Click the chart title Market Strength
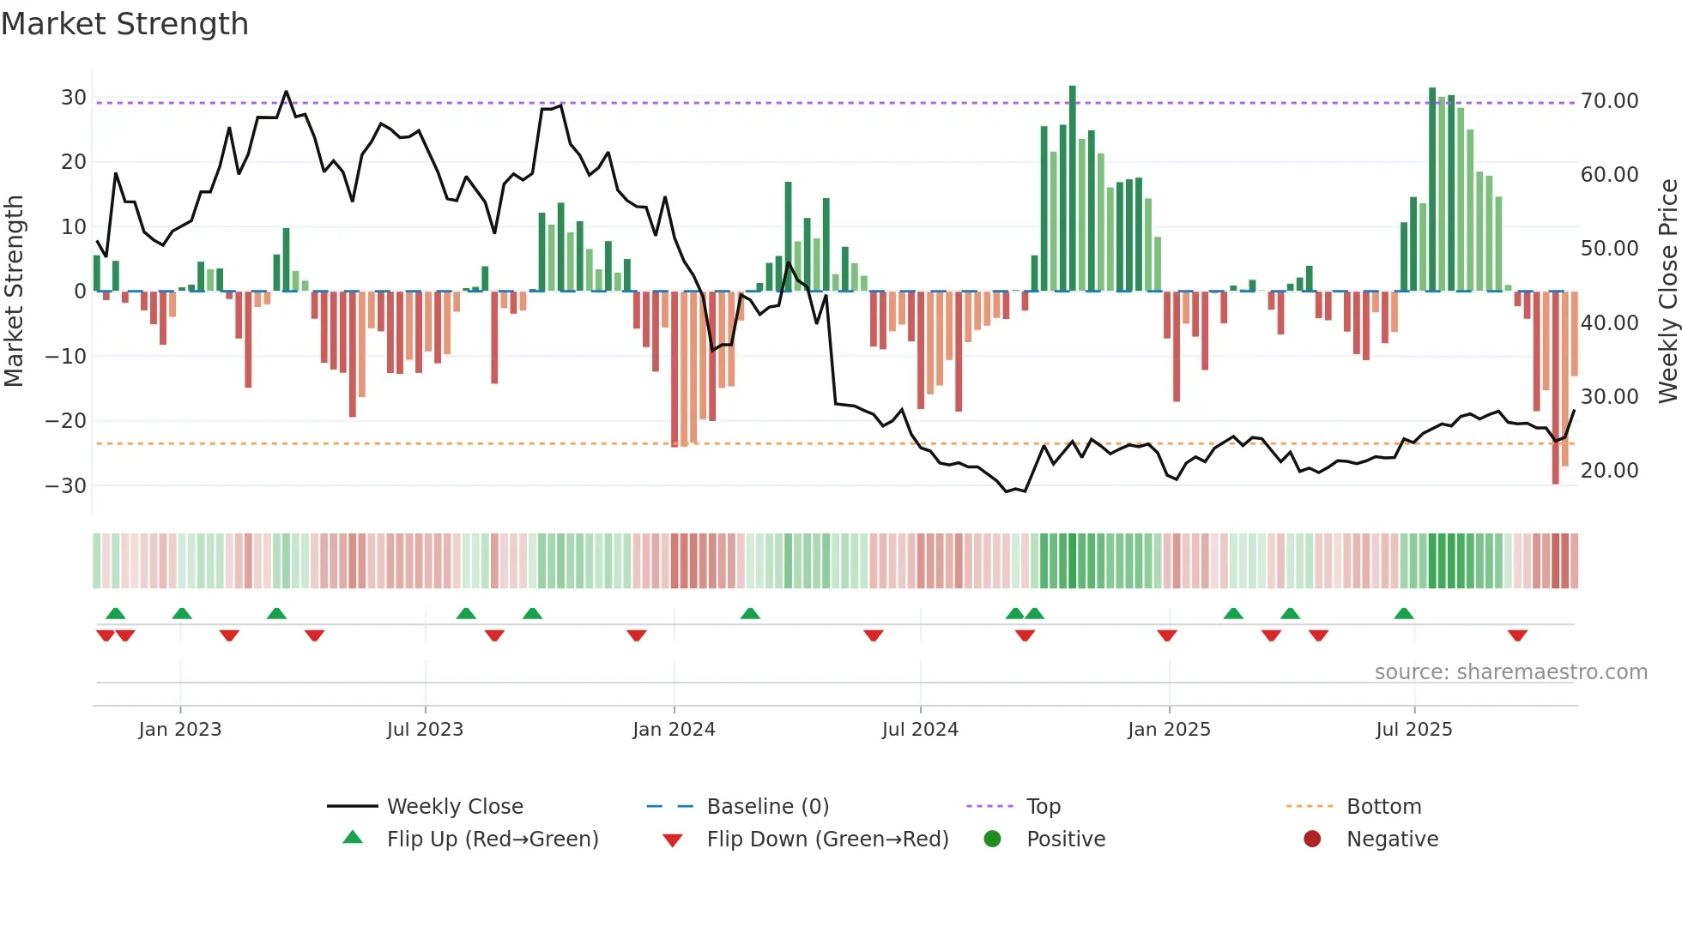coord(124,24)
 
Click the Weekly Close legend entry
coord(454,806)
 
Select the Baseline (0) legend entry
coord(767,806)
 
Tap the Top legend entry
coord(1043,806)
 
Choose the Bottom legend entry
coord(1383,806)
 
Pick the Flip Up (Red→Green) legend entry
coord(492,839)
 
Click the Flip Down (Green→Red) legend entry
coord(827,839)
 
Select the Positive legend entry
coord(1065,839)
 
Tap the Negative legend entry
coord(1392,839)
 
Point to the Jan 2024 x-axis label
coord(674,730)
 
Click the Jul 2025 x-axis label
coord(1413,730)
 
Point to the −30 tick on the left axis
coord(65,485)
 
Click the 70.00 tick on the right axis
coord(1609,101)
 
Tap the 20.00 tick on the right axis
coord(1609,471)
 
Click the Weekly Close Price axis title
coord(1667,292)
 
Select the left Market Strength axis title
coord(14,292)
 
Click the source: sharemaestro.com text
coord(1510,672)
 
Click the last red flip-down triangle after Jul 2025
coord(1517,635)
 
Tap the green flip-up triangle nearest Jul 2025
coord(1404,613)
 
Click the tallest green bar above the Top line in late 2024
coord(1072,189)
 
